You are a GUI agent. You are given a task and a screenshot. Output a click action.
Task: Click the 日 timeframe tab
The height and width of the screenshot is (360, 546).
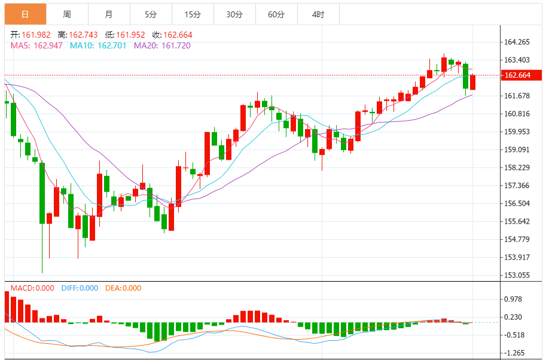point(25,14)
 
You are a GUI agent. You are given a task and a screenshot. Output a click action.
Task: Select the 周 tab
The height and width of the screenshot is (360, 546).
point(67,14)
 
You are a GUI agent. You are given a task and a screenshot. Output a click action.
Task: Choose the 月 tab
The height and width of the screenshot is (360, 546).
point(108,14)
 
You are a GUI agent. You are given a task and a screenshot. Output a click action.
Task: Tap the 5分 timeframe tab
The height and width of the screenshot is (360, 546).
point(151,14)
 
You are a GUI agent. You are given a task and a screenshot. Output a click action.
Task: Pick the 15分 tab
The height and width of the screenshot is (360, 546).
point(193,14)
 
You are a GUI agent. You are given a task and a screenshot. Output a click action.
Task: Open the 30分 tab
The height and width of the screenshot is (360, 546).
point(234,14)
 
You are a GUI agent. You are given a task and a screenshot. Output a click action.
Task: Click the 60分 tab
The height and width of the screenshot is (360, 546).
point(276,14)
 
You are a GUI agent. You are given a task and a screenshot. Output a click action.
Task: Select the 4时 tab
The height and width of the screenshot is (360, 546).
point(318,14)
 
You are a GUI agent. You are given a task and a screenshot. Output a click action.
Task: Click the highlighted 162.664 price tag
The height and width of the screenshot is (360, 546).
point(517,75)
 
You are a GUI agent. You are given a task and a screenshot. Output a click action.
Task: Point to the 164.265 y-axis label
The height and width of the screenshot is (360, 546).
point(517,42)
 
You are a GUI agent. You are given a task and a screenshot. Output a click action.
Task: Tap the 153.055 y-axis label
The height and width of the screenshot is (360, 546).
point(517,275)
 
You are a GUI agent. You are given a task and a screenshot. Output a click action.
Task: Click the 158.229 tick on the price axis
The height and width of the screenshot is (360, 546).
point(517,167)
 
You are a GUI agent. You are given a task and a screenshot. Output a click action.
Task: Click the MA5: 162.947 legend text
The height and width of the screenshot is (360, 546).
point(36,45)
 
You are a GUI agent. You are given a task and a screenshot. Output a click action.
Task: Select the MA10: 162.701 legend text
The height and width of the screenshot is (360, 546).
point(98,45)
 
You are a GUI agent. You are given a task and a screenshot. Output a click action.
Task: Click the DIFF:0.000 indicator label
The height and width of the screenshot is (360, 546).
point(80,288)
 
